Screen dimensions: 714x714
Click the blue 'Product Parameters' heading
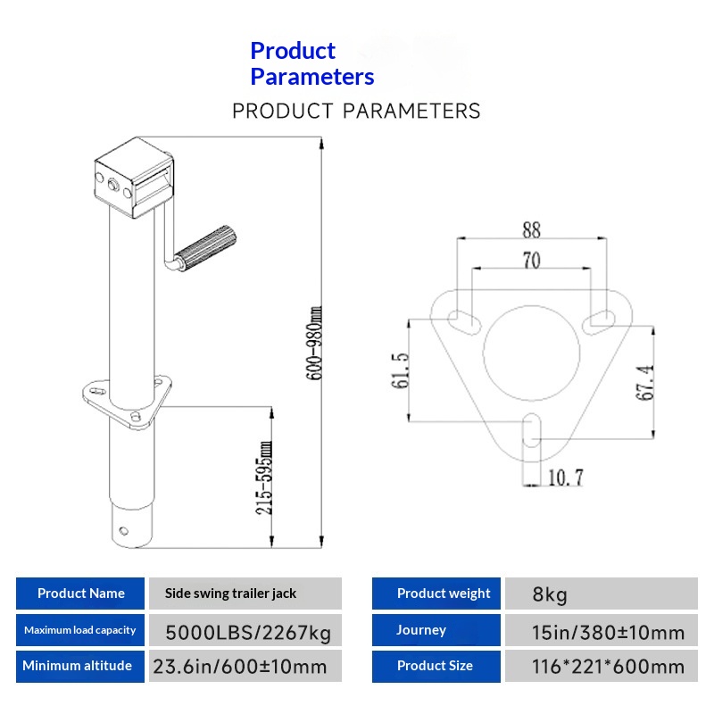tap(311, 63)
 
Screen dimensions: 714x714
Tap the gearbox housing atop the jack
tap(133, 179)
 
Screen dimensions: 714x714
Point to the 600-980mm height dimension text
tap(314, 344)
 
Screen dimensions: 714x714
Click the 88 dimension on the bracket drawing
tap(531, 229)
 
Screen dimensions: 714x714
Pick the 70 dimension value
tap(531, 261)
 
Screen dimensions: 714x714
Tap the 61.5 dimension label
tap(400, 369)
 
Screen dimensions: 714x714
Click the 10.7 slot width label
tap(564, 477)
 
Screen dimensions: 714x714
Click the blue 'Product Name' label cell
tap(80, 594)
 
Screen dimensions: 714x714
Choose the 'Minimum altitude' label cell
tap(78, 666)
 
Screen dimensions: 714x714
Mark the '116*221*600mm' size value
tap(608, 667)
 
